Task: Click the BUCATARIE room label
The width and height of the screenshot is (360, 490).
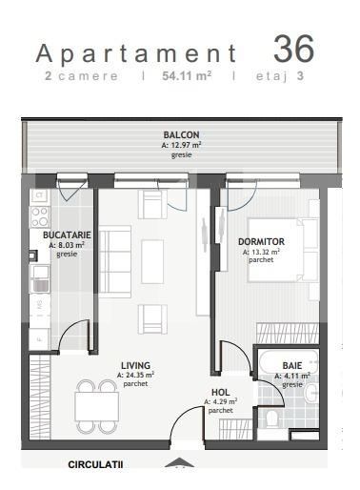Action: coord(67,235)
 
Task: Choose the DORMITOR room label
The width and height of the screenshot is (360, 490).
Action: coord(261,241)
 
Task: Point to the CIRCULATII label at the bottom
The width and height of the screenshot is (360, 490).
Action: coord(96,465)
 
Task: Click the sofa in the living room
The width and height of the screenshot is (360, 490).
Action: coord(114,260)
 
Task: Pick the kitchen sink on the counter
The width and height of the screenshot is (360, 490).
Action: coord(39,277)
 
